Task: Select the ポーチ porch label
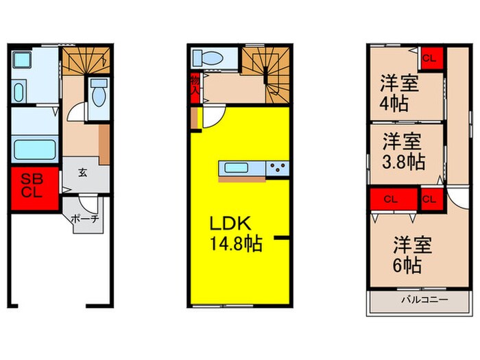point(86,219)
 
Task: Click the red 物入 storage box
point(194,84)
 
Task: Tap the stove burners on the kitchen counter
point(278,168)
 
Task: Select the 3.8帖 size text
point(403,163)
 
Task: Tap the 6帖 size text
point(407,264)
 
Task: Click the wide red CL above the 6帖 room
point(393,200)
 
